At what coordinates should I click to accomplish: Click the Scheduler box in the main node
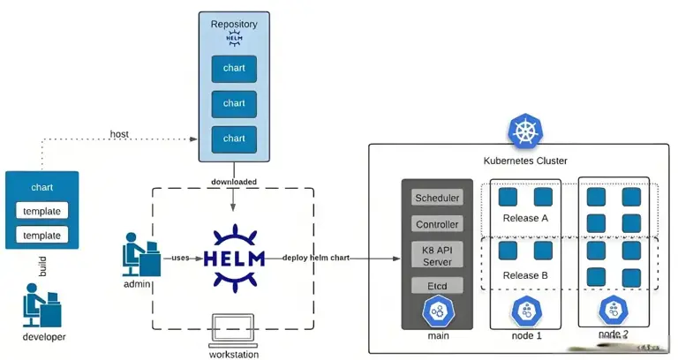point(437,198)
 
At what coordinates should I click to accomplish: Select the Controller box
point(437,224)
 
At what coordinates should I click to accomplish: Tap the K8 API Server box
point(437,255)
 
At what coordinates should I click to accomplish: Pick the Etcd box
point(437,286)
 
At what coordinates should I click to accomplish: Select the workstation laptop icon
point(233,330)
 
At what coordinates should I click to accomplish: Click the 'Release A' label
point(525,218)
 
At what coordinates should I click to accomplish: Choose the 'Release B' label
point(525,274)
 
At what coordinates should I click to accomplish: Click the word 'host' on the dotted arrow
point(119,134)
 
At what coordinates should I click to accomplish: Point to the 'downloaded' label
point(234,182)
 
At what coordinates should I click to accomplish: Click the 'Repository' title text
point(234,24)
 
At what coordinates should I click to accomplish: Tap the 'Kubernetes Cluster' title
point(525,161)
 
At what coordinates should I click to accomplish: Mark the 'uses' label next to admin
point(181,258)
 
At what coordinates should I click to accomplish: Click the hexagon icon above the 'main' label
point(437,311)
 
